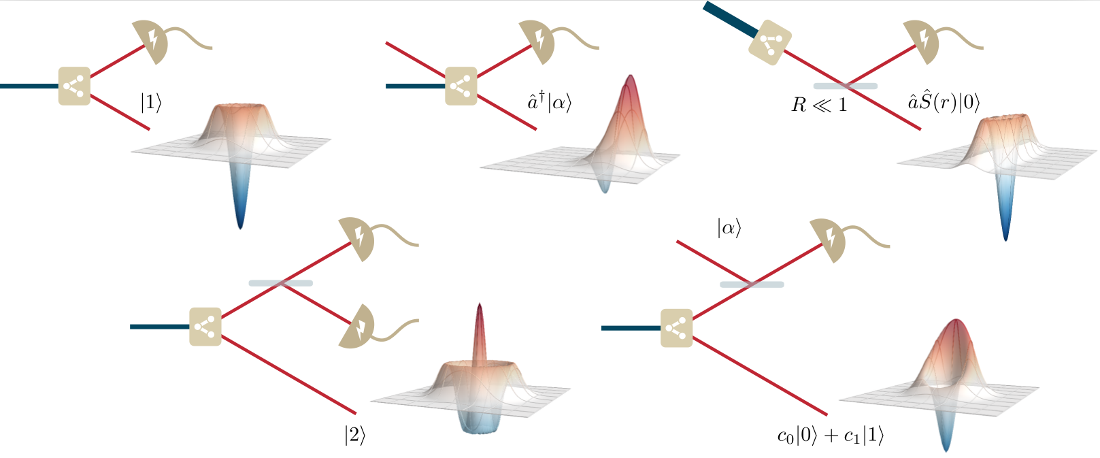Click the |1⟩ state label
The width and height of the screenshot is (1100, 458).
pos(151,103)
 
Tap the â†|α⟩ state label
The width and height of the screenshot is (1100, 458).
pos(550,103)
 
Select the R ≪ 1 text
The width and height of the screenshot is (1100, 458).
pos(820,105)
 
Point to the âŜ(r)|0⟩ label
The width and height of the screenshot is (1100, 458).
pos(944,103)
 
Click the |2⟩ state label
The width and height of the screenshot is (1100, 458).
pos(354,436)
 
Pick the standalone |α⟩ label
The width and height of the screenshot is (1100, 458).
pos(729,228)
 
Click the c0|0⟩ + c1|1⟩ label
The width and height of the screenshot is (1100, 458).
pos(831,436)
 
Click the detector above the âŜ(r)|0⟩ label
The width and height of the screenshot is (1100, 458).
pos(921,41)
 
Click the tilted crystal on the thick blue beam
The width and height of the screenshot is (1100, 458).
pos(770,45)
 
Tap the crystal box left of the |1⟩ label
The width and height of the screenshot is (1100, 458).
pos(74,86)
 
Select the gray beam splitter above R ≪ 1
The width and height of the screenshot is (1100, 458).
pos(845,86)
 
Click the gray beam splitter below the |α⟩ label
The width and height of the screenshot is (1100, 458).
pos(752,284)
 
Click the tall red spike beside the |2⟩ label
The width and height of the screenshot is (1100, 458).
pos(480,333)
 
